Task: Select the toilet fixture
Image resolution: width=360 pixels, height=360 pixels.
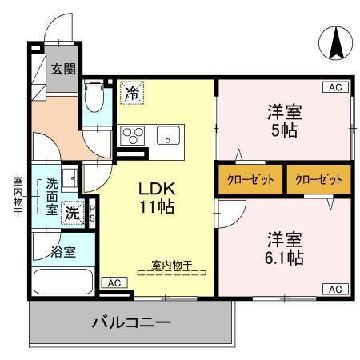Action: click(94, 98)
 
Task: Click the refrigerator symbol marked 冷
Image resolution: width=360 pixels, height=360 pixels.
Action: click(132, 92)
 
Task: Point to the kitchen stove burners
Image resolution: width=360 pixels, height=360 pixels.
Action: click(130, 134)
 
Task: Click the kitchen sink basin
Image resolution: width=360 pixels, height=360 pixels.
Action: click(169, 134)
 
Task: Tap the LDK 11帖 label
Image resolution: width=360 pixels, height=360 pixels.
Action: click(158, 198)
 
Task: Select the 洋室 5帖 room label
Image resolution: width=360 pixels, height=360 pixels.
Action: click(283, 121)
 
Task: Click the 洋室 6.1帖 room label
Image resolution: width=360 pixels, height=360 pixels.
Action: click(284, 248)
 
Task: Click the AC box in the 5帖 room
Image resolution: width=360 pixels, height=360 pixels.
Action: click(335, 87)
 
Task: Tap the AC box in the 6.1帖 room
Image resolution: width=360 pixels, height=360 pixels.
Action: click(335, 288)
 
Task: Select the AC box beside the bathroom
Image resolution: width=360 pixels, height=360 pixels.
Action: click(114, 282)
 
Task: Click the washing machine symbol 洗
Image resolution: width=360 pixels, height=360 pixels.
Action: click(72, 214)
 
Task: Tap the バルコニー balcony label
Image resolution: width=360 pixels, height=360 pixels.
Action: click(131, 323)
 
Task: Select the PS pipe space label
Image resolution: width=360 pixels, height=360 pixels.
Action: click(92, 212)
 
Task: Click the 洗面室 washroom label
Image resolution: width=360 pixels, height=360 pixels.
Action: click(50, 195)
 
